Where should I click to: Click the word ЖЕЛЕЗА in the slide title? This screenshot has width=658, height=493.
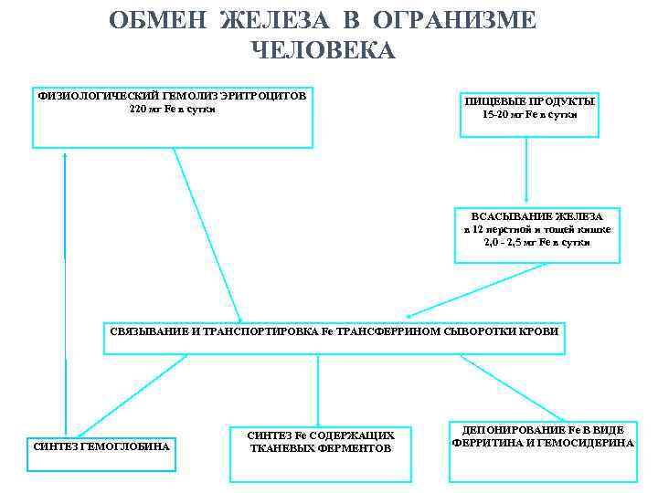265,20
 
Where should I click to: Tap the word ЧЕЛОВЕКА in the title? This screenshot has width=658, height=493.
322,50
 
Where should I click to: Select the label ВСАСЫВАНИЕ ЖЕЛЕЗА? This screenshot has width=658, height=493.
536,216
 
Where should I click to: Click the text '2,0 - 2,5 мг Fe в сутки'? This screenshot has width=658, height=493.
536,242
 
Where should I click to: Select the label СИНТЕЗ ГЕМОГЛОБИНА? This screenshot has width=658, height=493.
101,446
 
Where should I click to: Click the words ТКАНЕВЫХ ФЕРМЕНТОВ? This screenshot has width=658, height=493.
321,449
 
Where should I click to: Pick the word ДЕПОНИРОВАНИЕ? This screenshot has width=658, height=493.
506,429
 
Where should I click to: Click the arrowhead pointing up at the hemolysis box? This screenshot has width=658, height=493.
65,154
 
